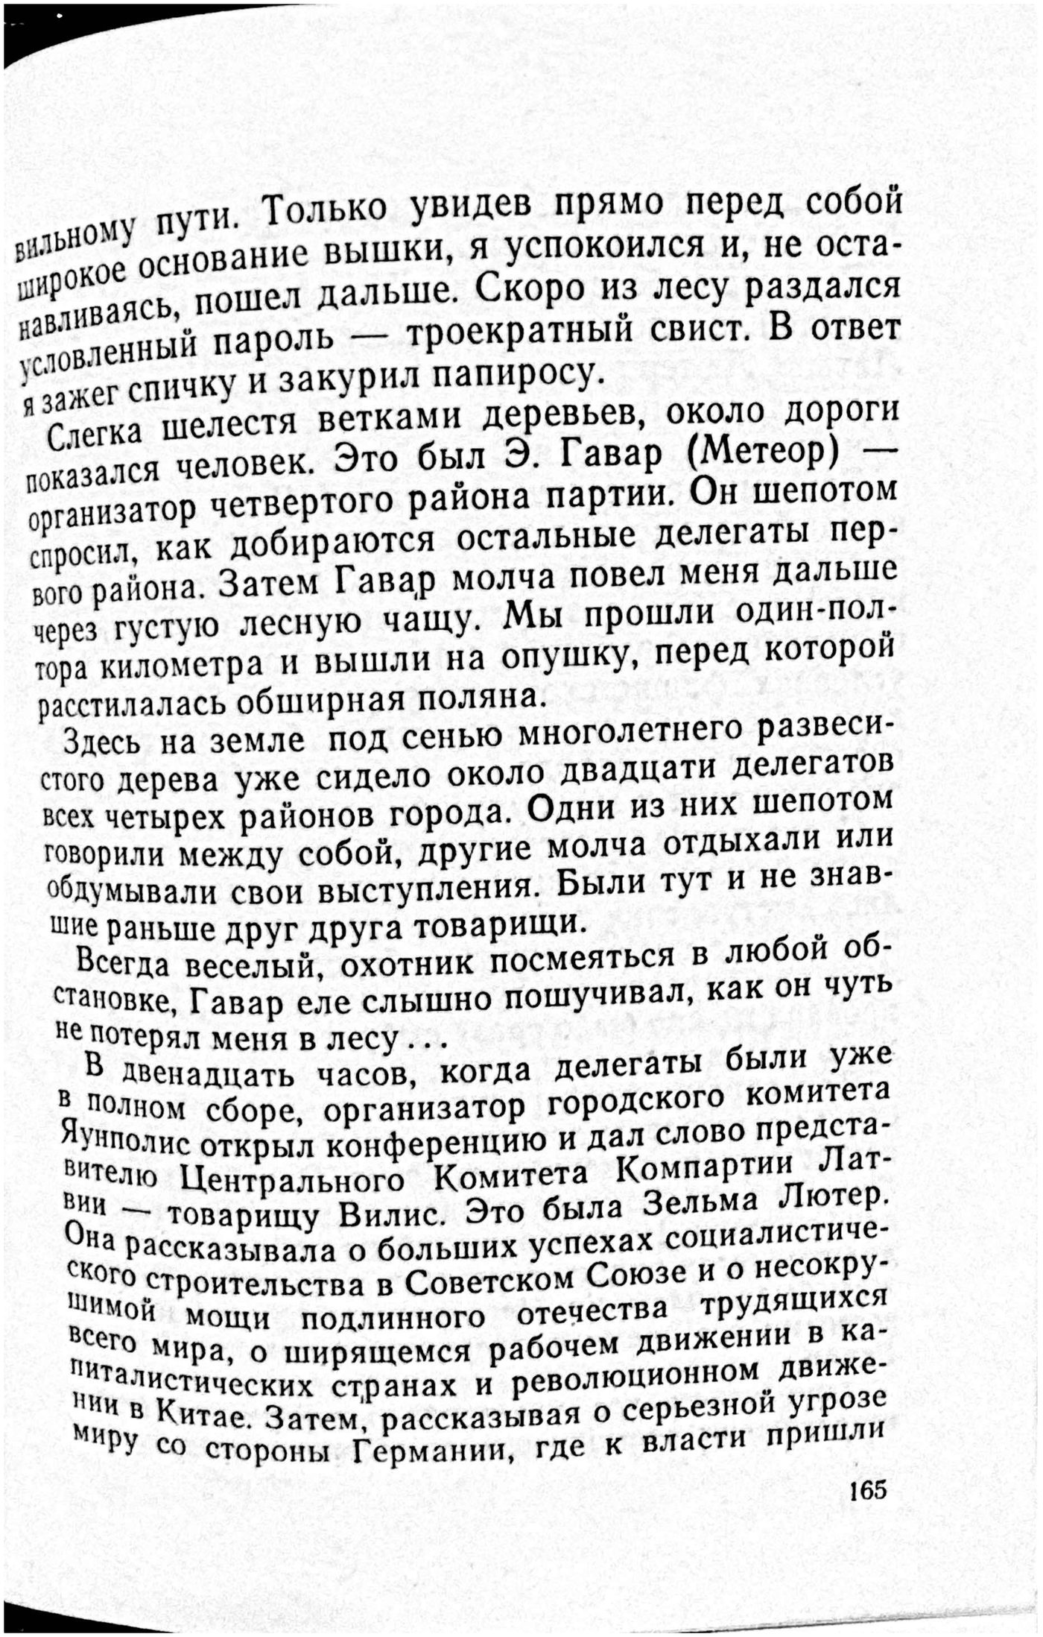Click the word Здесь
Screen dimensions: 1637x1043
click(103, 741)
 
